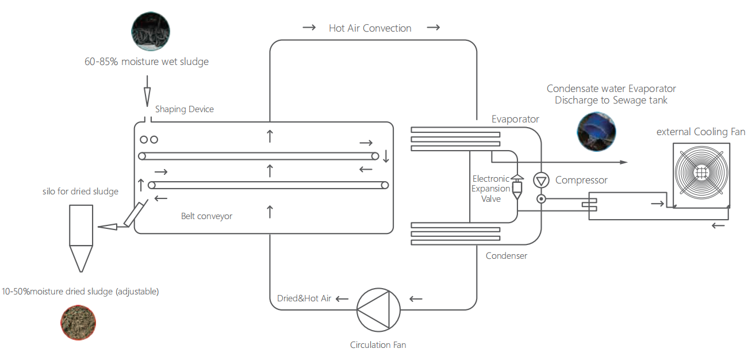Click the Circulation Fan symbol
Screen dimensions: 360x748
[379, 309]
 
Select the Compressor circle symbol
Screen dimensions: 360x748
[540, 181]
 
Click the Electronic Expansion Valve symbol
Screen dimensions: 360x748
[517, 186]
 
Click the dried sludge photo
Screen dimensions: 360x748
[78, 323]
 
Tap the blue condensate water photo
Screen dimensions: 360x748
[596, 132]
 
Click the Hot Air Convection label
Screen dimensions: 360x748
[370, 28]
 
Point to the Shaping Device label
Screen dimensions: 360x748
[184, 109]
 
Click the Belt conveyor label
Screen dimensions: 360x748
[206, 216]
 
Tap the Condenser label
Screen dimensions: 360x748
[507, 256]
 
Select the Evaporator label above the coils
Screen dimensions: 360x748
[515, 119]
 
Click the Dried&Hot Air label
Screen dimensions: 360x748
[304, 298]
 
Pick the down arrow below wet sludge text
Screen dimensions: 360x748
[147, 94]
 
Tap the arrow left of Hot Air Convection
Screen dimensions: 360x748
[309, 28]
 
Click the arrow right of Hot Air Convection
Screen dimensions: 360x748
[433, 28]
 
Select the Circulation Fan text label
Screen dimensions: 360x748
[378, 345]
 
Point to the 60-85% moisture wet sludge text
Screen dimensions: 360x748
[147, 62]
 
